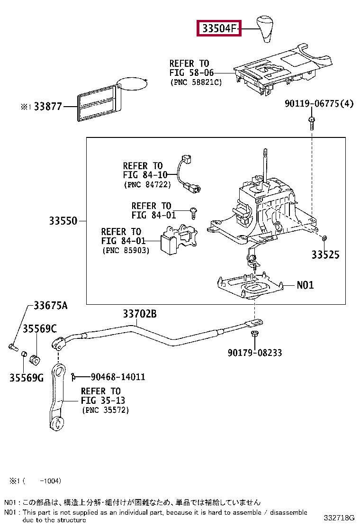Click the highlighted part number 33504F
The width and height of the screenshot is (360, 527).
pyautogui.click(x=219, y=28)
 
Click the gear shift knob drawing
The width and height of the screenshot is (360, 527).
pyautogui.click(x=265, y=29)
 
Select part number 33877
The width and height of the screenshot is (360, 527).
pyautogui.click(x=48, y=107)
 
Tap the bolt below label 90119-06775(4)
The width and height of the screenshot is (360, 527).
pyautogui.click(x=312, y=123)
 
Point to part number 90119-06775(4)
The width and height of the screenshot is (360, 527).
pyautogui.click(x=319, y=103)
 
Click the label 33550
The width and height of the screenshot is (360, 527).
pyautogui.click(x=63, y=221)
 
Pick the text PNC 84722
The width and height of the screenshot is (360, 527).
pyautogui.click(x=147, y=184)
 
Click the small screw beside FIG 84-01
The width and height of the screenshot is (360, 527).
pyautogui.click(x=193, y=213)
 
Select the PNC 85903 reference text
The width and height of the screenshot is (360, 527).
pyautogui.click(x=126, y=250)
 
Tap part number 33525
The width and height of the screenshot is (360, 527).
pyautogui.click(x=325, y=254)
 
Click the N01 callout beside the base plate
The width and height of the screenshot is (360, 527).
pyautogui.click(x=305, y=285)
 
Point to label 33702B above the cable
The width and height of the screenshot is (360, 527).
pyautogui.click(x=140, y=314)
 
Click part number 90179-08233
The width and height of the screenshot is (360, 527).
pyautogui.click(x=254, y=353)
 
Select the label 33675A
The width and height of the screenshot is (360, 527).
pyautogui.click(x=51, y=305)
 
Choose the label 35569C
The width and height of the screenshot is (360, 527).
pyautogui.click(x=40, y=328)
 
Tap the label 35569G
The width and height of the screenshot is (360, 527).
pyautogui.click(x=27, y=378)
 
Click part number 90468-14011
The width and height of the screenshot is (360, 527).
pyautogui.click(x=118, y=377)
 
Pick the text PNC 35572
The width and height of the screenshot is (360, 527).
pyautogui.click(x=106, y=410)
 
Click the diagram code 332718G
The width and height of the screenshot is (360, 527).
pyautogui.click(x=339, y=518)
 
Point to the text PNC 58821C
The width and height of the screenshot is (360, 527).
pyautogui.click(x=196, y=82)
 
